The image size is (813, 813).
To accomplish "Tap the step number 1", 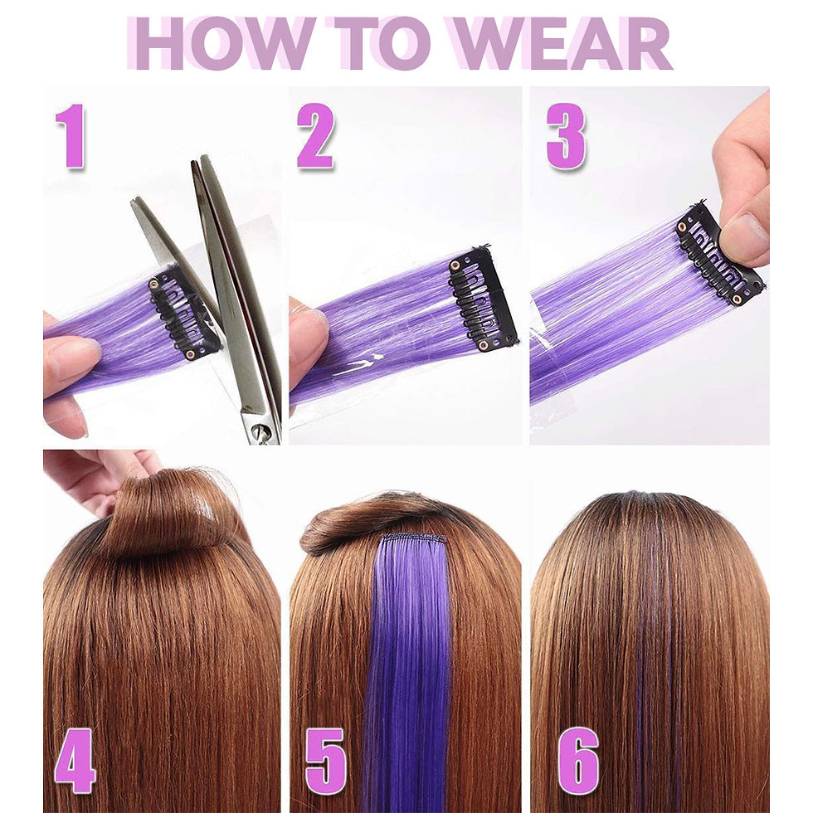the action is point(71,136).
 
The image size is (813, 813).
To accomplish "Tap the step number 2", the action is point(315,136).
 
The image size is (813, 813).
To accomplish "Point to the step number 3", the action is point(566,136).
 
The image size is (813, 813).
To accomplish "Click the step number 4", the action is point(75,761).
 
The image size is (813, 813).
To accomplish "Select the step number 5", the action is point(325,761).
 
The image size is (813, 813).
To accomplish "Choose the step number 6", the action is point(578,761).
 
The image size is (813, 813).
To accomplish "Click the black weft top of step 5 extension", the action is point(414,538).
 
